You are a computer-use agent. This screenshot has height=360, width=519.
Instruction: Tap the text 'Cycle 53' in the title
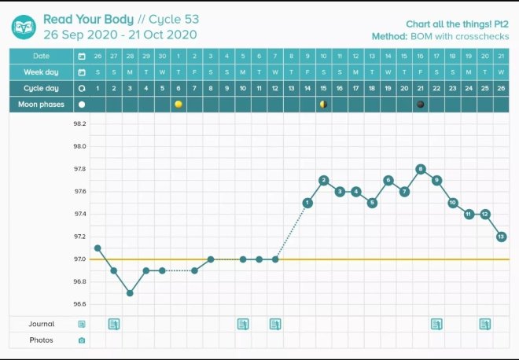tap(173, 18)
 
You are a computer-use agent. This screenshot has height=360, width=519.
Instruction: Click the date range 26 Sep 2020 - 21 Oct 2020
tap(120, 35)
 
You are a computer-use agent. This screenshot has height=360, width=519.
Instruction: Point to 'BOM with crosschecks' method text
tap(466, 36)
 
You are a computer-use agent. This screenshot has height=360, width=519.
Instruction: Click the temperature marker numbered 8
tap(421, 169)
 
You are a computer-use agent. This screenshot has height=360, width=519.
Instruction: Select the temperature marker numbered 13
tap(502, 237)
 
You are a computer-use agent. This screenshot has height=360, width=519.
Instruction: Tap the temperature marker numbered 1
tap(307, 203)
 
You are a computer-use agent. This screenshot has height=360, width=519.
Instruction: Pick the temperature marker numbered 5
tap(372, 203)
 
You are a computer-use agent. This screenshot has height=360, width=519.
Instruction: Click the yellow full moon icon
tap(179, 104)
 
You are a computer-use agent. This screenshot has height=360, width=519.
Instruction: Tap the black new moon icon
tap(421, 104)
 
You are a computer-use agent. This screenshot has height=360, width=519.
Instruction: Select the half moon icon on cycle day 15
tap(323, 104)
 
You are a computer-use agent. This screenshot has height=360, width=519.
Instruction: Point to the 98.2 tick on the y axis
tap(79, 123)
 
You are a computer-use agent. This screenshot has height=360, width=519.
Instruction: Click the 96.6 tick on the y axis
tap(79, 304)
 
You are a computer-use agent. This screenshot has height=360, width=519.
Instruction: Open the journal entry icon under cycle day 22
tap(436, 324)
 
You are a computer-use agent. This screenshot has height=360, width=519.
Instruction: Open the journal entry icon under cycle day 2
tap(114, 324)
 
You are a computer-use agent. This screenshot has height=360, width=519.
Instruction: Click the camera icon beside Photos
tap(82, 340)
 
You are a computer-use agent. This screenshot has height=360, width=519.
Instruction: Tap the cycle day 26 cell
tap(502, 88)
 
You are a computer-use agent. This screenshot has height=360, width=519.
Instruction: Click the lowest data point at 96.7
tap(130, 293)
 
